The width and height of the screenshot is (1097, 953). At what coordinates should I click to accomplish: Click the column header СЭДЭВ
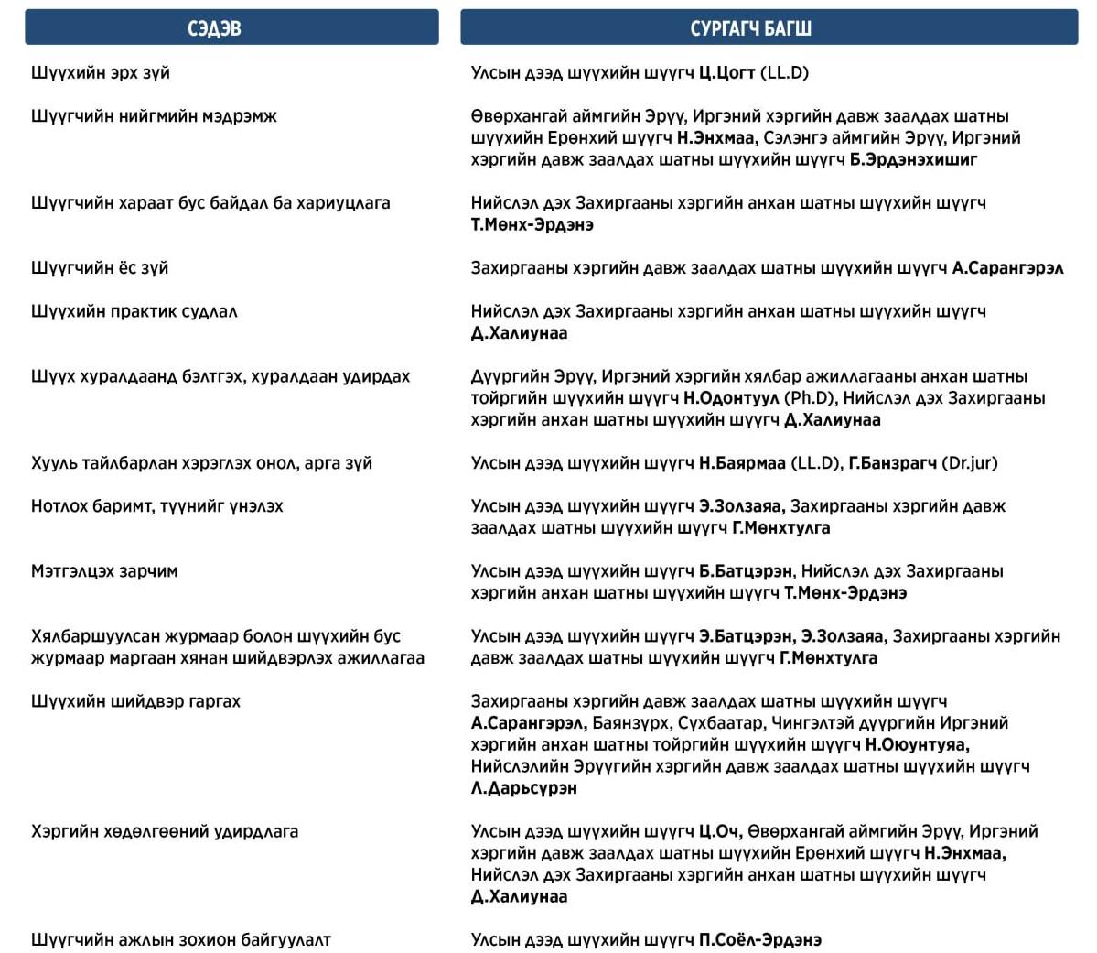click(x=214, y=28)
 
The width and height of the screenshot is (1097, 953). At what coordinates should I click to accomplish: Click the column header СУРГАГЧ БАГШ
click(x=750, y=28)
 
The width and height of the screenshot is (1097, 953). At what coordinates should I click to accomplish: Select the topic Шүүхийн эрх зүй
click(x=101, y=72)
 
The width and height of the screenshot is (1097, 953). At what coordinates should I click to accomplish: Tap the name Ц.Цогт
click(x=726, y=72)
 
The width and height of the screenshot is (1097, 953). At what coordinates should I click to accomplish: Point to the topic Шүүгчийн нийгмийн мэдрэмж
click(x=154, y=116)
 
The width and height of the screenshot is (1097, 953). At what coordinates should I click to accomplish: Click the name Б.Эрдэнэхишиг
click(x=913, y=159)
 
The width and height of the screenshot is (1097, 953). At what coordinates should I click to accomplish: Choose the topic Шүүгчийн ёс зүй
click(x=100, y=268)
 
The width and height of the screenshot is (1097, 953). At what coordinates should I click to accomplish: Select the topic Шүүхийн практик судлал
click(x=134, y=311)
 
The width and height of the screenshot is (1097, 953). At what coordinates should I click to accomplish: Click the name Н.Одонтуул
click(x=731, y=398)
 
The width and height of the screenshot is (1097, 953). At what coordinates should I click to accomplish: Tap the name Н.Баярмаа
click(x=742, y=463)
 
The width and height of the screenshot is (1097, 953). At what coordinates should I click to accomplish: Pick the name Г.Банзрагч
click(x=893, y=463)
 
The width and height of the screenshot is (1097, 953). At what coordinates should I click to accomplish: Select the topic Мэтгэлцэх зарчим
click(x=104, y=571)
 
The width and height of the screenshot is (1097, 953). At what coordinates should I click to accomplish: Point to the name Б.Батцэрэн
click(x=746, y=571)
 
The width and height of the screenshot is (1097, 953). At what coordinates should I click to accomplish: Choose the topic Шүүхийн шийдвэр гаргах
click(x=135, y=701)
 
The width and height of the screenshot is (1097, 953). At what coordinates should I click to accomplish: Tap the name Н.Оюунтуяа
click(x=917, y=744)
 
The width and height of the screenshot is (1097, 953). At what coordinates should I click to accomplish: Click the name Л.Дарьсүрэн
click(x=524, y=788)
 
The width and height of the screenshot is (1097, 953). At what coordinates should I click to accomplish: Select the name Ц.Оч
click(x=718, y=831)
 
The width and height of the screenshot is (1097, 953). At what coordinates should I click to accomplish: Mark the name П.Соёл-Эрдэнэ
click(x=760, y=940)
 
